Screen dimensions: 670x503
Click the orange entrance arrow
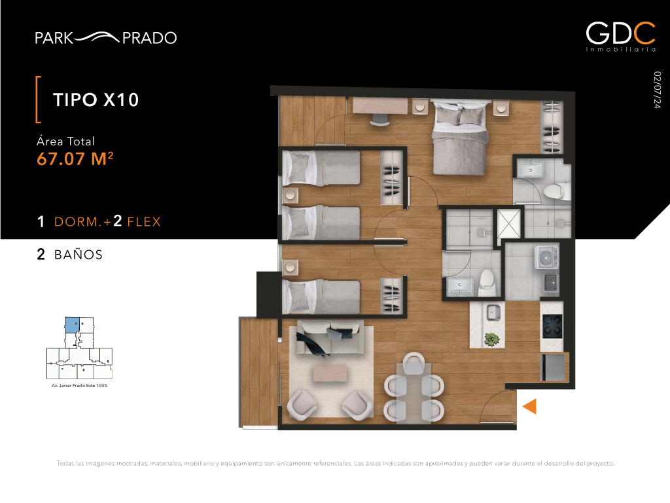530,406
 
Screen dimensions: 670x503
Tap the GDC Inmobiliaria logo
620,37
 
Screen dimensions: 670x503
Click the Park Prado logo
105,37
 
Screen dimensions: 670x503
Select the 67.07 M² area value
75,158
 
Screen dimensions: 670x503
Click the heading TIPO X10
96,100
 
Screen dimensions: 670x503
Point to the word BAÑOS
79,255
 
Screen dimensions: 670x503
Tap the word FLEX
144,221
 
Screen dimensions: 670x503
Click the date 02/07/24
657,90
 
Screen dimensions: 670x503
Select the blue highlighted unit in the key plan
72,325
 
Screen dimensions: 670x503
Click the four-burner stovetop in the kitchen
552,326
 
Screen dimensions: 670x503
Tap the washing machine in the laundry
547,257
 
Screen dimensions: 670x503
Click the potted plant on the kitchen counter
492,339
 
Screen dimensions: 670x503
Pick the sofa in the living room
329,338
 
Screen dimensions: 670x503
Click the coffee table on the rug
330,373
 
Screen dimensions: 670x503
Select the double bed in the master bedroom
460,137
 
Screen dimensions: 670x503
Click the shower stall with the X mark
509,223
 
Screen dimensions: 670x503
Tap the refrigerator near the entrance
554,367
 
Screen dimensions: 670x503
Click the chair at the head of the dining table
414,363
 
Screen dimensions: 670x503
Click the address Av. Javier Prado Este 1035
79,385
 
